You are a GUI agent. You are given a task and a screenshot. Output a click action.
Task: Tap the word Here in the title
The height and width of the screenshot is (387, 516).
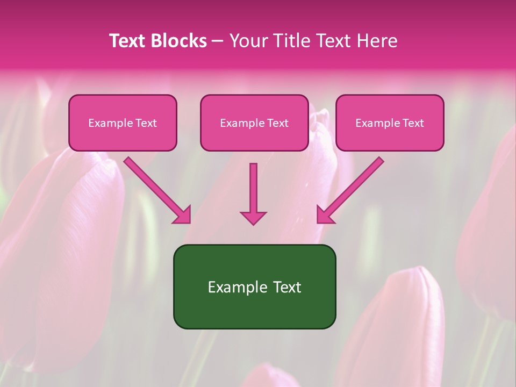[x=377, y=41]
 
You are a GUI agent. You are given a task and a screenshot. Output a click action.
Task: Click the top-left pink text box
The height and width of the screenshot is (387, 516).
[x=123, y=123]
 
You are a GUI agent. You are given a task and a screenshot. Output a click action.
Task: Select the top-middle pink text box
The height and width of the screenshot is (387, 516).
[x=254, y=123]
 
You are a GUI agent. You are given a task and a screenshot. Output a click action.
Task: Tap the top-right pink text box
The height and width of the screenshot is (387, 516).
[x=390, y=123]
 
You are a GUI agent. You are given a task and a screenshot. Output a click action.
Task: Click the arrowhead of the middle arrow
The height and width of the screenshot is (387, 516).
[x=253, y=218]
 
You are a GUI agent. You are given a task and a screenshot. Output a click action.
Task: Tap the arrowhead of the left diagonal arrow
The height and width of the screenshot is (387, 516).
[x=182, y=215]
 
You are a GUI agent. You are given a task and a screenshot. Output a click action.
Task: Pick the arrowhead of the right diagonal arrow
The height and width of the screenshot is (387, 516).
[x=325, y=215]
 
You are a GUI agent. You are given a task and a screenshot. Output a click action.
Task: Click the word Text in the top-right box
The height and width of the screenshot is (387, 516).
[x=413, y=123]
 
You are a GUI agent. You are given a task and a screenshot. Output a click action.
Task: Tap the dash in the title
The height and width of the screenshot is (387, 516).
[x=218, y=41]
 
